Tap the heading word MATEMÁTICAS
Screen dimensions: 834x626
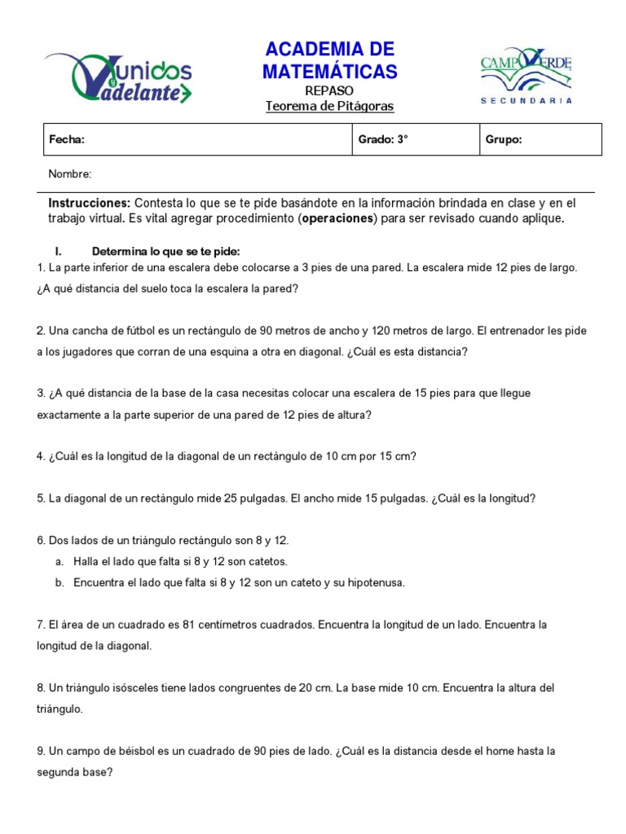(329, 72)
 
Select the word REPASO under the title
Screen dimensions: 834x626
(329, 90)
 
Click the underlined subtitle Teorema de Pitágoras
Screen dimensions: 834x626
(329, 107)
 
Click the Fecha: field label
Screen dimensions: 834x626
(67, 139)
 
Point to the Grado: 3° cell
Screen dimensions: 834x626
(383, 139)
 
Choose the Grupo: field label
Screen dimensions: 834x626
(504, 139)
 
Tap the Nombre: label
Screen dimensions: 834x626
(70, 173)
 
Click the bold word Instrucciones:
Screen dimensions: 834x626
(90, 203)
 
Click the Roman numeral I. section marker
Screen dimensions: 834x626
(58, 251)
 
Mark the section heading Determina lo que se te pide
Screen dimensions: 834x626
(166, 251)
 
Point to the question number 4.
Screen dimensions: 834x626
(40, 456)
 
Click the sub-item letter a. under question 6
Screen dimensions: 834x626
(60, 561)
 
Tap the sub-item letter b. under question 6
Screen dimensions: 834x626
(60, 582)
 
